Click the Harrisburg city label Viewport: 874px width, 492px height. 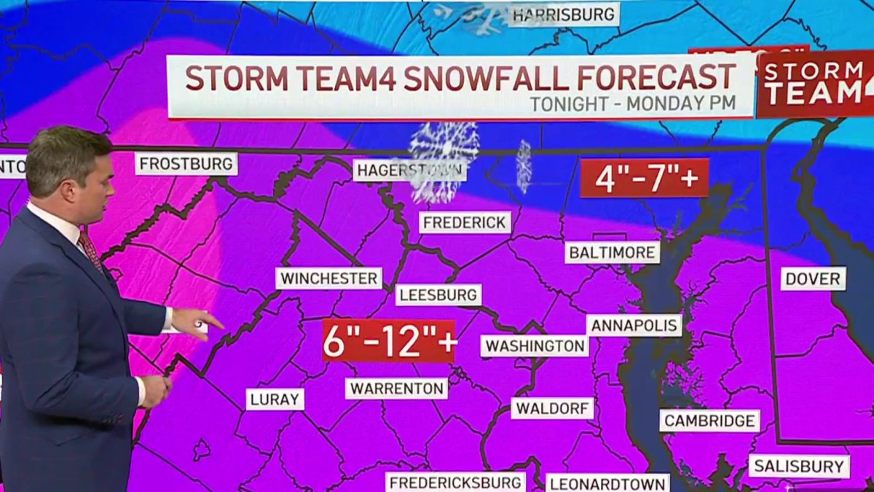(563, 14)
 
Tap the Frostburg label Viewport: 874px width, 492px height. (186, 163)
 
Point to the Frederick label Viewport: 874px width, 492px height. (465, 222)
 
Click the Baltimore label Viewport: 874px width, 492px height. (612, 252)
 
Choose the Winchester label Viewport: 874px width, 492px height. (329, 278)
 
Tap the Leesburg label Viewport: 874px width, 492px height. (438, 294)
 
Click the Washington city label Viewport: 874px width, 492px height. (535, 345)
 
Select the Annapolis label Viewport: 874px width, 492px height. (634, 325)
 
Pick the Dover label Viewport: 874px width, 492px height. (814, 278)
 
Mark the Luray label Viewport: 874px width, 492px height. (275, 399)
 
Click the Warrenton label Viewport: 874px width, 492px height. (396, 388)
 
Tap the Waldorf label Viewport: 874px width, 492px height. (552, 407)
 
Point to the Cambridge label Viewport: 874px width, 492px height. (709, 421)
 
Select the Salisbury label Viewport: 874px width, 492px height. (799, 466)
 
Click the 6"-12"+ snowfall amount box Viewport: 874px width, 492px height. (389, 340)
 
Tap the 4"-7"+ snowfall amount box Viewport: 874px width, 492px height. (644, 178)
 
